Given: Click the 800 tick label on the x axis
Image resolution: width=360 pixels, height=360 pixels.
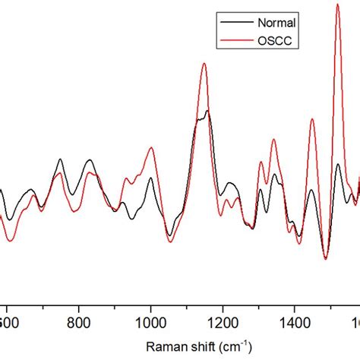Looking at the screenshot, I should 79,322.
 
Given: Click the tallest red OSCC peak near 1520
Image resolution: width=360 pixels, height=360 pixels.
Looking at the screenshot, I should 337,5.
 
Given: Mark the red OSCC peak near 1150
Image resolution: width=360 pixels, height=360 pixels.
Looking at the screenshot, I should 204,64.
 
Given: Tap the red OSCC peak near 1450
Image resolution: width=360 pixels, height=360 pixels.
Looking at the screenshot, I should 311,120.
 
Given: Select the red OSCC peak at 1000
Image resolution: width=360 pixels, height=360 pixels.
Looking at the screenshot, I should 150,149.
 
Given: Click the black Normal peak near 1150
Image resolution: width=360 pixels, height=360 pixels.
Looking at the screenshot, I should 207,112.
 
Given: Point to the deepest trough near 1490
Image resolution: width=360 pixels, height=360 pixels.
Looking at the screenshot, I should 325,258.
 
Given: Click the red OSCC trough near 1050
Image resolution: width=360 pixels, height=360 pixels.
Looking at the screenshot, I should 170,242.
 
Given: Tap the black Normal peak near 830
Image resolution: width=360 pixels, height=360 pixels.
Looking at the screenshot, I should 90,160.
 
